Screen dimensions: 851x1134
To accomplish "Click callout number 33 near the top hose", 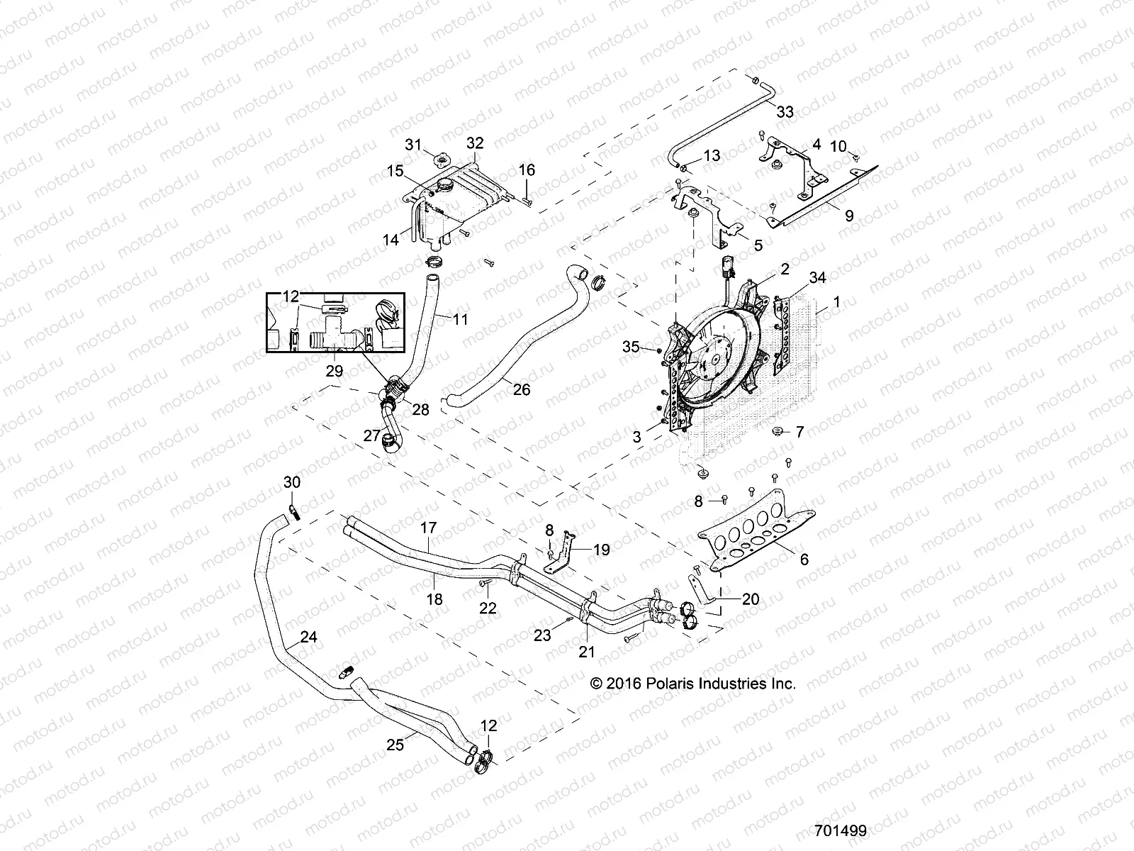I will (785, 112).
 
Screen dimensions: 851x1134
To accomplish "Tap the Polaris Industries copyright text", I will (693, 684).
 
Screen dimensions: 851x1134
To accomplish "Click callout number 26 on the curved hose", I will (522, 389).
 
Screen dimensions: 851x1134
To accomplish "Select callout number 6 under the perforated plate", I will (803, 560).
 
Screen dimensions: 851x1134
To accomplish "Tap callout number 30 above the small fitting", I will (292, 482).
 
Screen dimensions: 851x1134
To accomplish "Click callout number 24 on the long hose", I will (308, 637).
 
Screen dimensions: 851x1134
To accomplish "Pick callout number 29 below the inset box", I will (334, 370).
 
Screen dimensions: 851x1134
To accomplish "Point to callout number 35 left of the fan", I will (631, 347).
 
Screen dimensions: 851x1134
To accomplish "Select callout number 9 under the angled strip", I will (849, 215).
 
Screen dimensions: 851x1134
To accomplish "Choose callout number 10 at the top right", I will (838, 146).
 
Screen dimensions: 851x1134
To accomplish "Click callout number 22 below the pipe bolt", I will (488, 608).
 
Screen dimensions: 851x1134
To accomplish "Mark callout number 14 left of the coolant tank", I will (391, 240).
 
